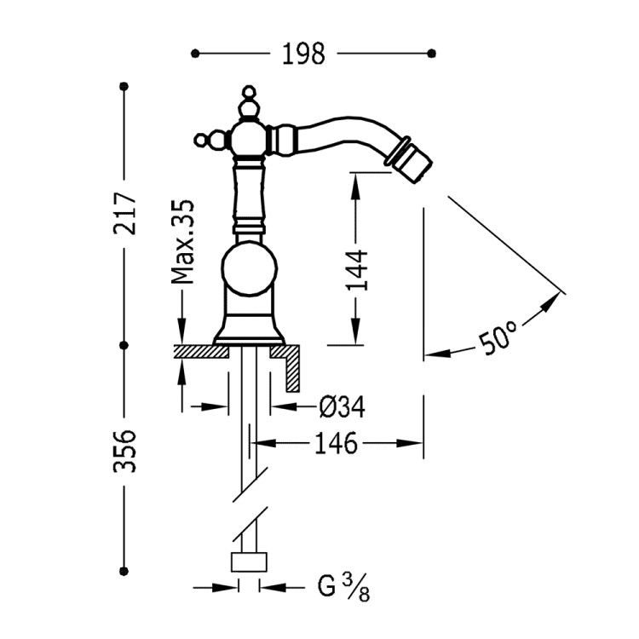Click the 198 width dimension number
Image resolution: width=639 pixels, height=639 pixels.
coord(304,54)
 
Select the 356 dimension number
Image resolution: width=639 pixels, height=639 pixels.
coord(124,450)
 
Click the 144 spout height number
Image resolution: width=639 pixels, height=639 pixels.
coord(358,270)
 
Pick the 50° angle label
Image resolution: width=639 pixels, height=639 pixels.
coord(498,338)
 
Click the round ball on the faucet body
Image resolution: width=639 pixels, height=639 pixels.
coord(249,271)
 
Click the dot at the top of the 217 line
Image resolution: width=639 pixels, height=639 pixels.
coord(124,86)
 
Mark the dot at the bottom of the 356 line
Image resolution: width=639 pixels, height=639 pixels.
coord(124,570)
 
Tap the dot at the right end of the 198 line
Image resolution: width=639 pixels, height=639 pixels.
coord(434,54)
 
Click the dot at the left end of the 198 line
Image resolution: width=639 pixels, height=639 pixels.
coord(195,54)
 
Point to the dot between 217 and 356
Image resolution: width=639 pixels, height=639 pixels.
coord(124,345)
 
